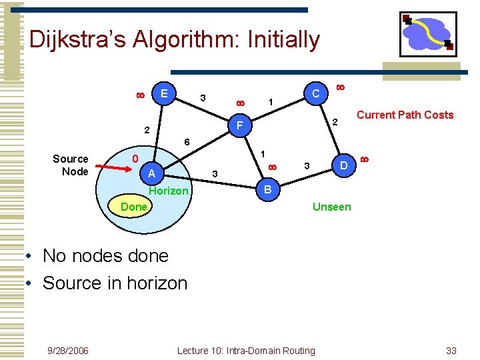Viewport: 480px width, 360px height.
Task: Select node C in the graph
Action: coord(315,94)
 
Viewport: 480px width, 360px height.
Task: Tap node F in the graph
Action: coord(239,125)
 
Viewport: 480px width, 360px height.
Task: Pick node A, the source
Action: coord(152,173)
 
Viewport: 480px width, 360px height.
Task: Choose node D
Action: coord(343,164)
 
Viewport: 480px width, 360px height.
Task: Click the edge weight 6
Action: coord(187,143)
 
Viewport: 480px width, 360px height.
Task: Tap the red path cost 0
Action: coord(135,159)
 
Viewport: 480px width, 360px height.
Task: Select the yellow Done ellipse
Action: coord(134,207)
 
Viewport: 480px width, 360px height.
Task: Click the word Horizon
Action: coord(169,191)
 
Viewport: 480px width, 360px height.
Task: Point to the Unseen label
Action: coord(331,207)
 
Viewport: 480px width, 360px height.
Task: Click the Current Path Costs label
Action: coord(405,115)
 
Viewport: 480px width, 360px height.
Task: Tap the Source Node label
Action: coord(71,165)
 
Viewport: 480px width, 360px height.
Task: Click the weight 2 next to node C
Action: coord(336,122)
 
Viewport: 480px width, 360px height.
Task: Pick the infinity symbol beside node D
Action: coord(364,158)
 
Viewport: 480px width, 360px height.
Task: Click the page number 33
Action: coord(451,351)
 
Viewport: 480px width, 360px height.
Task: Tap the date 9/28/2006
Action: coord(68,351)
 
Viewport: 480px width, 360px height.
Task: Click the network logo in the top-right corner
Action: coord(427,34)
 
